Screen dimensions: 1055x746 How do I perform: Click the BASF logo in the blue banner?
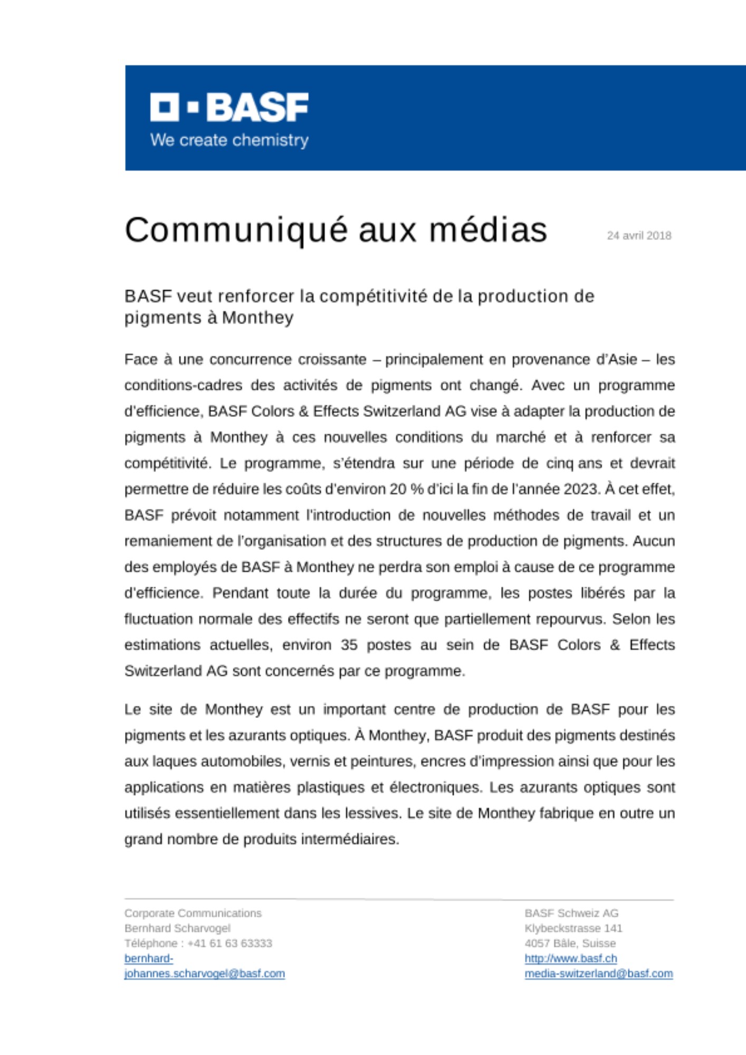pos(229,107)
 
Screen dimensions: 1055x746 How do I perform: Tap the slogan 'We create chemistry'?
pos(229,140)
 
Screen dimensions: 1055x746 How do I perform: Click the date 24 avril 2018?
pos(639,236)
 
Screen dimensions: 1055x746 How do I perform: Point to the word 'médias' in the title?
pos(488,231)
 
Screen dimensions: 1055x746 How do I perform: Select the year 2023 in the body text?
pos(581,490)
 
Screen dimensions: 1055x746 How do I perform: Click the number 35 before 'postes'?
pos(349,645)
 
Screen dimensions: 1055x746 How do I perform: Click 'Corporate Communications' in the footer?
pos(193,913)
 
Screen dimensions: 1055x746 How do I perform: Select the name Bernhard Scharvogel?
pos(177,928)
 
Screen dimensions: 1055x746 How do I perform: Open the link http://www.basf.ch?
pos(570,958)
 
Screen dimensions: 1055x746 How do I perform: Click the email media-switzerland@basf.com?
pos(598,974)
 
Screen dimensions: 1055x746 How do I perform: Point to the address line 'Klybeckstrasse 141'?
pos(573,928)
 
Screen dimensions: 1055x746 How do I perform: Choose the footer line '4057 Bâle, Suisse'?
pos(570,944)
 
